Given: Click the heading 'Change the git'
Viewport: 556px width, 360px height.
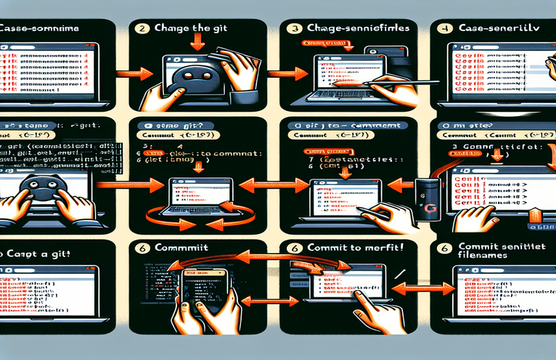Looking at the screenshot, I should pos(189,29).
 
